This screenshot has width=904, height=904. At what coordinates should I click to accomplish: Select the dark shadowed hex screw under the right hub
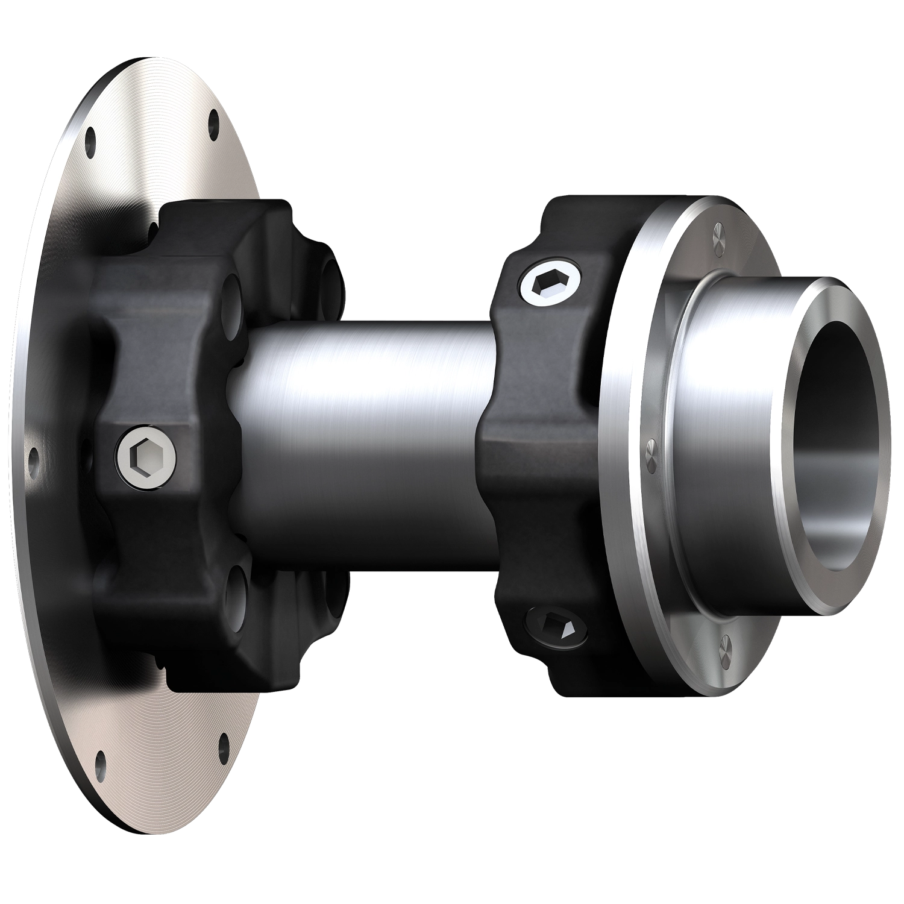(557, 627)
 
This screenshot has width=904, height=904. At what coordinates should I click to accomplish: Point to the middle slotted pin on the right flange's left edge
(651, 448)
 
